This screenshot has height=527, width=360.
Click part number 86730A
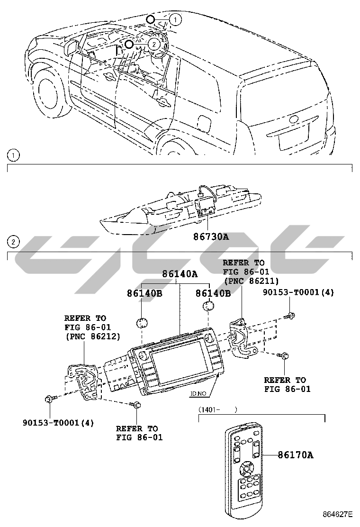click(211, 236)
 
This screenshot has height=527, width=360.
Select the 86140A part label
click(180, 274)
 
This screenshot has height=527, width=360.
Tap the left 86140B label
click(144, 294)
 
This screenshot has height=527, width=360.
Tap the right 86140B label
click(213, 294)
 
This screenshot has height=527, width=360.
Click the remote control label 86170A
click(295, 455)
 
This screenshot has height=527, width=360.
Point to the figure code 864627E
click(338, 514)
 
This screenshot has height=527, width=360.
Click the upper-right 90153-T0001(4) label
click(299, 292)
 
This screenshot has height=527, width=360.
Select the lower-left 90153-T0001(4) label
click(58, 423)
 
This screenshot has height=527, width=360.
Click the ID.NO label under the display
click(198, 393)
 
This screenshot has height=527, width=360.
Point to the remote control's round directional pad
click(246, 470)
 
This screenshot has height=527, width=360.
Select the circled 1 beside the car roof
click(175, 20)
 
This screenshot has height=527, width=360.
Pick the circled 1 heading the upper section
click(14, 155)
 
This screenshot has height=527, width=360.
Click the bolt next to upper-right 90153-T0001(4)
click(289, 316)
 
